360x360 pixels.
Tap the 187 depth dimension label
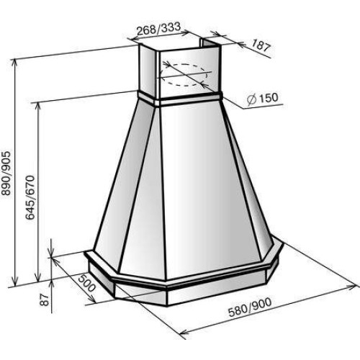(261, 46)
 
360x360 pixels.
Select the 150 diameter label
(269, 98)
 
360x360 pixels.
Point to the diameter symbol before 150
(252, 99)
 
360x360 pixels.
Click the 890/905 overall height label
(6, 173)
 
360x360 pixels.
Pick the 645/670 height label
(30, 197)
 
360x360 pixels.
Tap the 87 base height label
(45, 300)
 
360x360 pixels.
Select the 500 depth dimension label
(87, 284)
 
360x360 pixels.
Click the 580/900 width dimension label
(250, 307)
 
